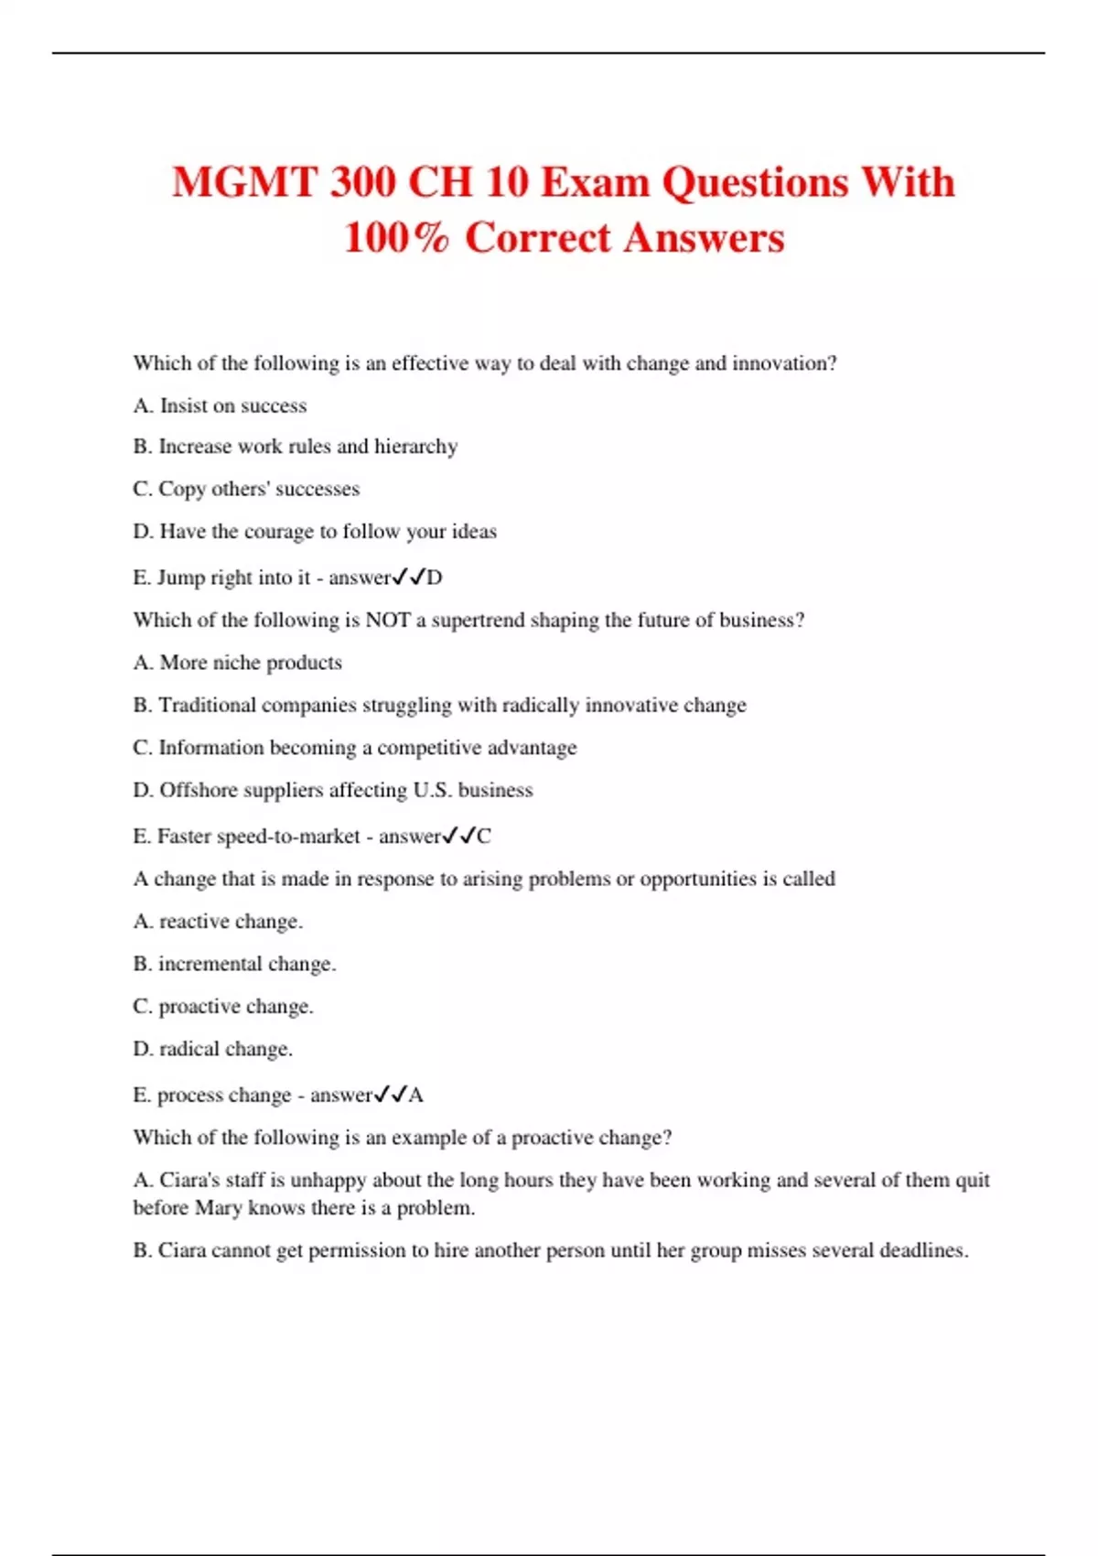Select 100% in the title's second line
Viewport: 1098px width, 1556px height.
(397, 238)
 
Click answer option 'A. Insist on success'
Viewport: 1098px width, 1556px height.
(220, 405)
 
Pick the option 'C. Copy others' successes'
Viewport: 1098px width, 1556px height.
(246, 489)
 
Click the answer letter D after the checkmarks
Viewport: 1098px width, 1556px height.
(435, 578)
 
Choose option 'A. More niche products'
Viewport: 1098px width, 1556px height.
(238, 663)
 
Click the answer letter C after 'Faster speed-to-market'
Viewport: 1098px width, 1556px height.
(484, 837)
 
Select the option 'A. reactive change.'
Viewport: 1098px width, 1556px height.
(218, 922)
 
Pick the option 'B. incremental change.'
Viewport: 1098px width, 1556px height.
(234, 964)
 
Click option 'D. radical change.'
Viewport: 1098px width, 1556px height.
(213, 1049)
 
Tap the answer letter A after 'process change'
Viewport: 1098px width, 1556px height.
(416, 1096)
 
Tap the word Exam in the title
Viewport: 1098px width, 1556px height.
(596, 182)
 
